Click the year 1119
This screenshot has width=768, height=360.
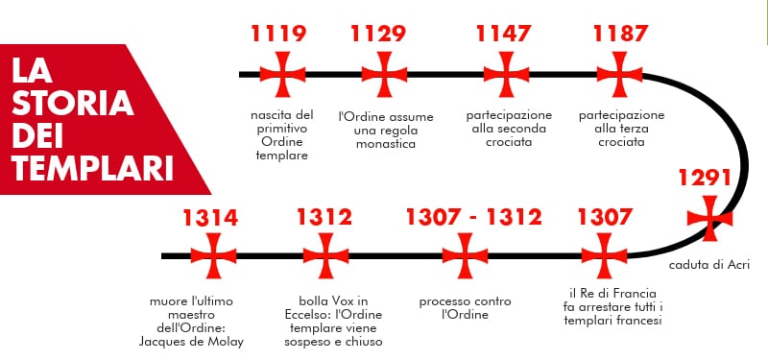click(x=278, y=34)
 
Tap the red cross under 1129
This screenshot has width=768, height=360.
click(x=385, y=75)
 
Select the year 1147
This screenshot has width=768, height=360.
click(x=504, y=34)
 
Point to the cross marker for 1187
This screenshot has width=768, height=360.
click(x=619, y=75)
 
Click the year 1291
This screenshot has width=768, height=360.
click(x=705, y=179)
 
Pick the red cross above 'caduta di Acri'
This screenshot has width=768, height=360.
click(x=709, y=219)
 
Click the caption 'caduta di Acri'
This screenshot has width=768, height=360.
click(x=709, y=265)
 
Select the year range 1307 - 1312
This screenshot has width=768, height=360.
click(x=474, y=217)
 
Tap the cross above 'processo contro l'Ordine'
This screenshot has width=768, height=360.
click(x=465, y=255)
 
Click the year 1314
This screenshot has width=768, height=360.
click(x=210, y=218)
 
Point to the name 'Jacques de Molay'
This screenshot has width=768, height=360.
click(x=191, y=343)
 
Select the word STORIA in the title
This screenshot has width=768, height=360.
click(x=73, y=104)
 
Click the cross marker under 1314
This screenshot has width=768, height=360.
click(x=213, y=255)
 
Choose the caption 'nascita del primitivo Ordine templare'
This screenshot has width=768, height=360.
click(x=282, y=135)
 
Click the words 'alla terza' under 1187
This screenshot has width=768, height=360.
click(x=621, y=129)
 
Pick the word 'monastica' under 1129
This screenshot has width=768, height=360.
click(x=386, y=144)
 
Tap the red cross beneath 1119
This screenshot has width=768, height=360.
click(x=282, y=75)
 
